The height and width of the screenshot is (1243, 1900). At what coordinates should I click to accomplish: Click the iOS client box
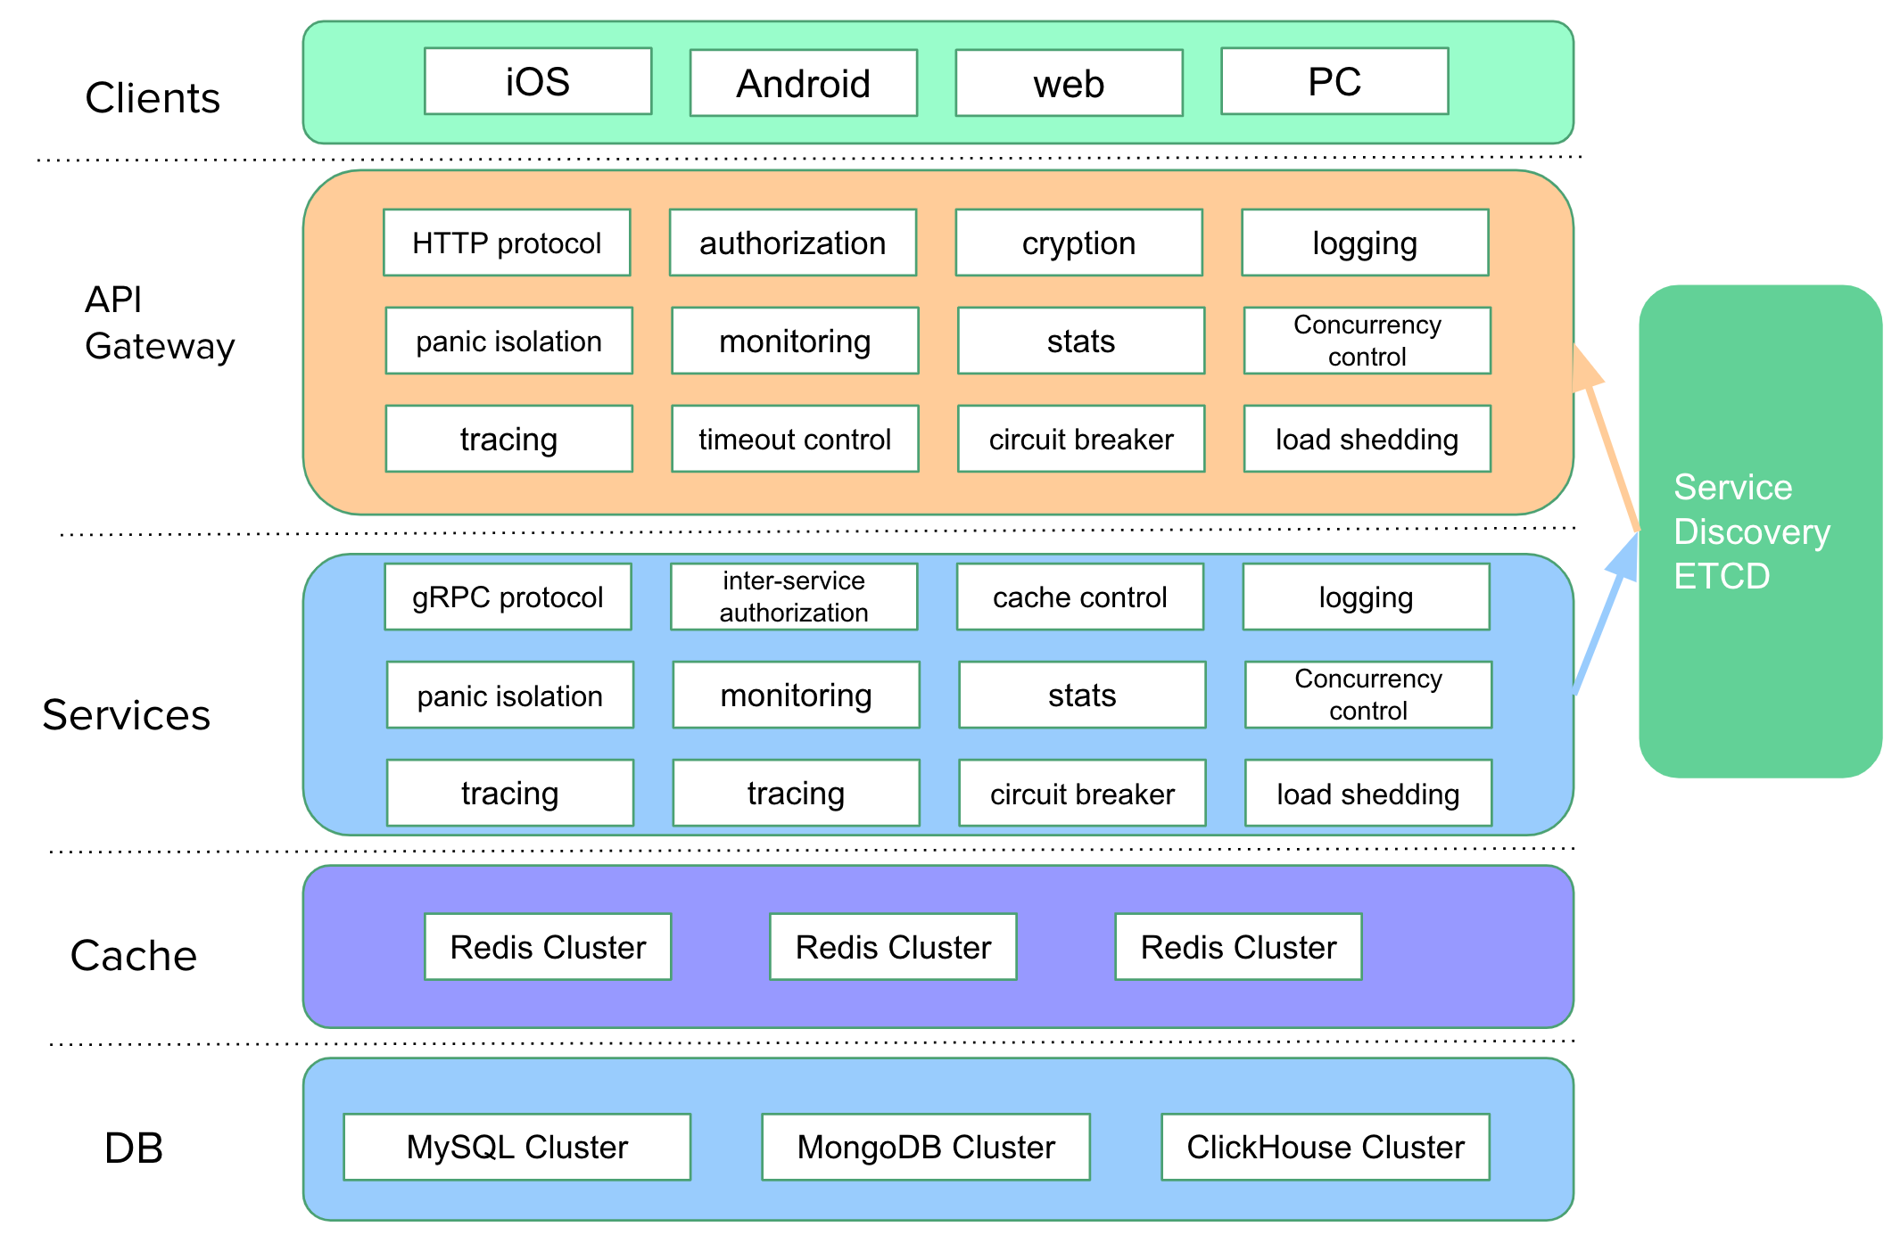pyautogui.click(x=538, y=81)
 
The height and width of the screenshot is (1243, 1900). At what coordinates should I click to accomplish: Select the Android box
pyautogui.click(x=803, y=83)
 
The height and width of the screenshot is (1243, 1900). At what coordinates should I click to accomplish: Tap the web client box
pyautogui.click(x=1069, y=83)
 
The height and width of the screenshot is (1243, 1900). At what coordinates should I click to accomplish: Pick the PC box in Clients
pyautogui.click(x=1334, y=81)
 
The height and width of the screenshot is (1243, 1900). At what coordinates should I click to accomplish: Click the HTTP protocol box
pyautogui.click(x=507, y=243)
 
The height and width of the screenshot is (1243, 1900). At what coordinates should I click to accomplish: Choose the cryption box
pyautogui.click(x=1078, y=243)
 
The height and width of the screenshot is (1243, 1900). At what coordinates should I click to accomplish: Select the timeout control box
pyautogui.click(x=795, y=439)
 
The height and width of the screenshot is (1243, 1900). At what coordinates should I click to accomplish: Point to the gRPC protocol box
pyautogui.click(x=508, y=597)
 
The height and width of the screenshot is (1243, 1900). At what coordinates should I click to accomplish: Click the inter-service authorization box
pyautogui.click(x=794, y=597)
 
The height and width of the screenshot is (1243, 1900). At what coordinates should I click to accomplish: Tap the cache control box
pyautogui.click(x=1079, y=597)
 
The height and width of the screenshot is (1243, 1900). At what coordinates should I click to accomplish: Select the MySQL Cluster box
pyautogui.click(x=516, y=1147)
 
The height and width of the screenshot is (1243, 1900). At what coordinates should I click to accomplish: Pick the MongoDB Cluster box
pyautogui.click(x=926, y=1147)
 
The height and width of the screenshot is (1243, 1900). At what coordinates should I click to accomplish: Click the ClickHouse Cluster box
pyautogui.click(x=1326, y=1147)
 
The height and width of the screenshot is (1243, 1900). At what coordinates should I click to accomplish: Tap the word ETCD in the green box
pyautogui.click(x=1722, y=576)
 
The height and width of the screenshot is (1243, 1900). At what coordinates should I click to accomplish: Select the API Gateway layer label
pyautogui.click(x=159, y=323)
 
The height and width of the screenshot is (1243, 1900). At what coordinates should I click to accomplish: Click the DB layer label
pyautogui.click(x=134, y=1148)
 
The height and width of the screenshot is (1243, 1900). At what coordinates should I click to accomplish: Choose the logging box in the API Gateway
pyautogui.click(x=1365, y=243)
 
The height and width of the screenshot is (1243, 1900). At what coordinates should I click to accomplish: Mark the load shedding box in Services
pyautogui.click(x=1367, y=793)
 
